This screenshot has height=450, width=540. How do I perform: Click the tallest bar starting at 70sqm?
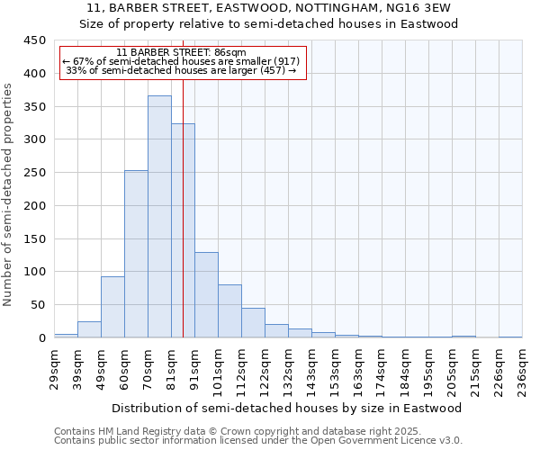(159, 216)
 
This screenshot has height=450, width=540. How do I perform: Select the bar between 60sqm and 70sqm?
(136, 254)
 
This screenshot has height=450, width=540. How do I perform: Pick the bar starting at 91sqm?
(206, 294)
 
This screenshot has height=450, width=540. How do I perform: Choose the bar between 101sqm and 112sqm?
(229, 310)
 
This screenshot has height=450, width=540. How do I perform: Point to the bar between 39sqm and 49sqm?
(89, 329)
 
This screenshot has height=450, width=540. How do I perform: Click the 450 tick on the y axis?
(35, 40)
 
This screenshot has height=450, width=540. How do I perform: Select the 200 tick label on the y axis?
(35, 206)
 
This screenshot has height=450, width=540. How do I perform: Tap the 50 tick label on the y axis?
(38, 305)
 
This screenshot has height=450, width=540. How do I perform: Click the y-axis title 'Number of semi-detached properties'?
(8, 193)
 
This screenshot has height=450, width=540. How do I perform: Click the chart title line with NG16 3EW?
(269, 8)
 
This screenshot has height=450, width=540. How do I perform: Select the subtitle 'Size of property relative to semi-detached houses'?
(269, 23)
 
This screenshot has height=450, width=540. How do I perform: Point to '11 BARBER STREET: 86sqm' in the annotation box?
(182, 53)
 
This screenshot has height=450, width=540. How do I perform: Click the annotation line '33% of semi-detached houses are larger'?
(182, 70)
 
